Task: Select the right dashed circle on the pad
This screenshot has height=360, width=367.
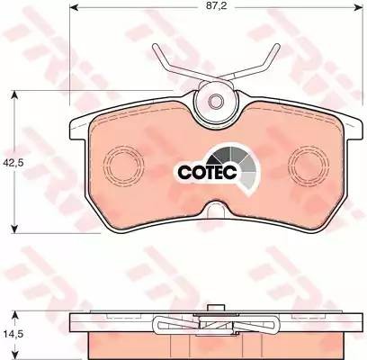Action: point(307,165)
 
